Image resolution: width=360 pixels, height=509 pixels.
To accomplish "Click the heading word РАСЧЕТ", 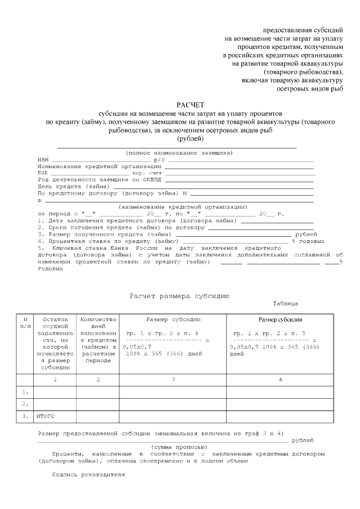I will (191, 105).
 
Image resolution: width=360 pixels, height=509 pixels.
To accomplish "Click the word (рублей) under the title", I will (191, 138).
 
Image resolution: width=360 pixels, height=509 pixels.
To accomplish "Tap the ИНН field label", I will (43, 160).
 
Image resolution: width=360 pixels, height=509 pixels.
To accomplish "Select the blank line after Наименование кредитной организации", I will (238, 166).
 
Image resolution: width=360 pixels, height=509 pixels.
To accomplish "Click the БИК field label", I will (43, 173).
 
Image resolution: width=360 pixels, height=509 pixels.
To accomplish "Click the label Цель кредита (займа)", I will (74, 187).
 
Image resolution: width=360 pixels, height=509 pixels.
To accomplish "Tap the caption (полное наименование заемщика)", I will (179, 153).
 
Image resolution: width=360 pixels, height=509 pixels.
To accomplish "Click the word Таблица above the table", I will (285, 304).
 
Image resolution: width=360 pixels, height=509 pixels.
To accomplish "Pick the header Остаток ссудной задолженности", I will (55, 343).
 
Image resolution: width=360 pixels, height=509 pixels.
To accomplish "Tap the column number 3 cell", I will (173, 380).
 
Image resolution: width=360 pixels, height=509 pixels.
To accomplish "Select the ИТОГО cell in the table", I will (47, 416).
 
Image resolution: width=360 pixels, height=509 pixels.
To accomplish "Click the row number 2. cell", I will (25, 404).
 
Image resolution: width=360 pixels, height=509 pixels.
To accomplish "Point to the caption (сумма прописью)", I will (176, 446).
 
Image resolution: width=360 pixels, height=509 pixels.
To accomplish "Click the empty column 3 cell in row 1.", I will (173, 391).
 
